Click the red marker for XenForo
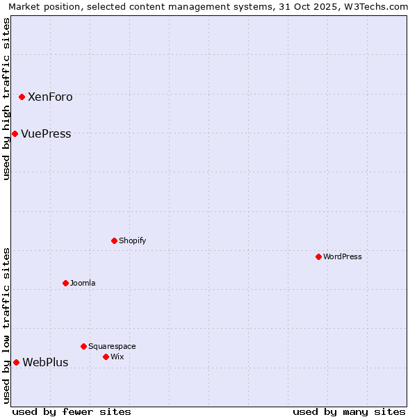[x=22, y=97]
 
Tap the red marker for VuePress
[x=15, y=133]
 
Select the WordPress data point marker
[x=318, y=256]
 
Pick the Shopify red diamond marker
[x=114, y=240]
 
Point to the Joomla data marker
[x=65, y=283]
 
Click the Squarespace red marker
[x=83, y=346]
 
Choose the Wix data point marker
[x=106, y=357]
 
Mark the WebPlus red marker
[x=16, y=362]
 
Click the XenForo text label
[x=50, y=97]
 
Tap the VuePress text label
[x=46, y=134]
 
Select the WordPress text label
[x=343, y=257]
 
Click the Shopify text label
[x=133, y=241]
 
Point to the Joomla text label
[x=83, y=284]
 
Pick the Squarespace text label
[x=112, y=347]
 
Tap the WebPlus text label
[x=45, y=363]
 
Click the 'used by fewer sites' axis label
[x=72, y=412]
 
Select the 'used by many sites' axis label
[x=349, y=412]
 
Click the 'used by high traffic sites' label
[x=6, y=99]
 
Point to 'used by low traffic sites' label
[x=6, y=325]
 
